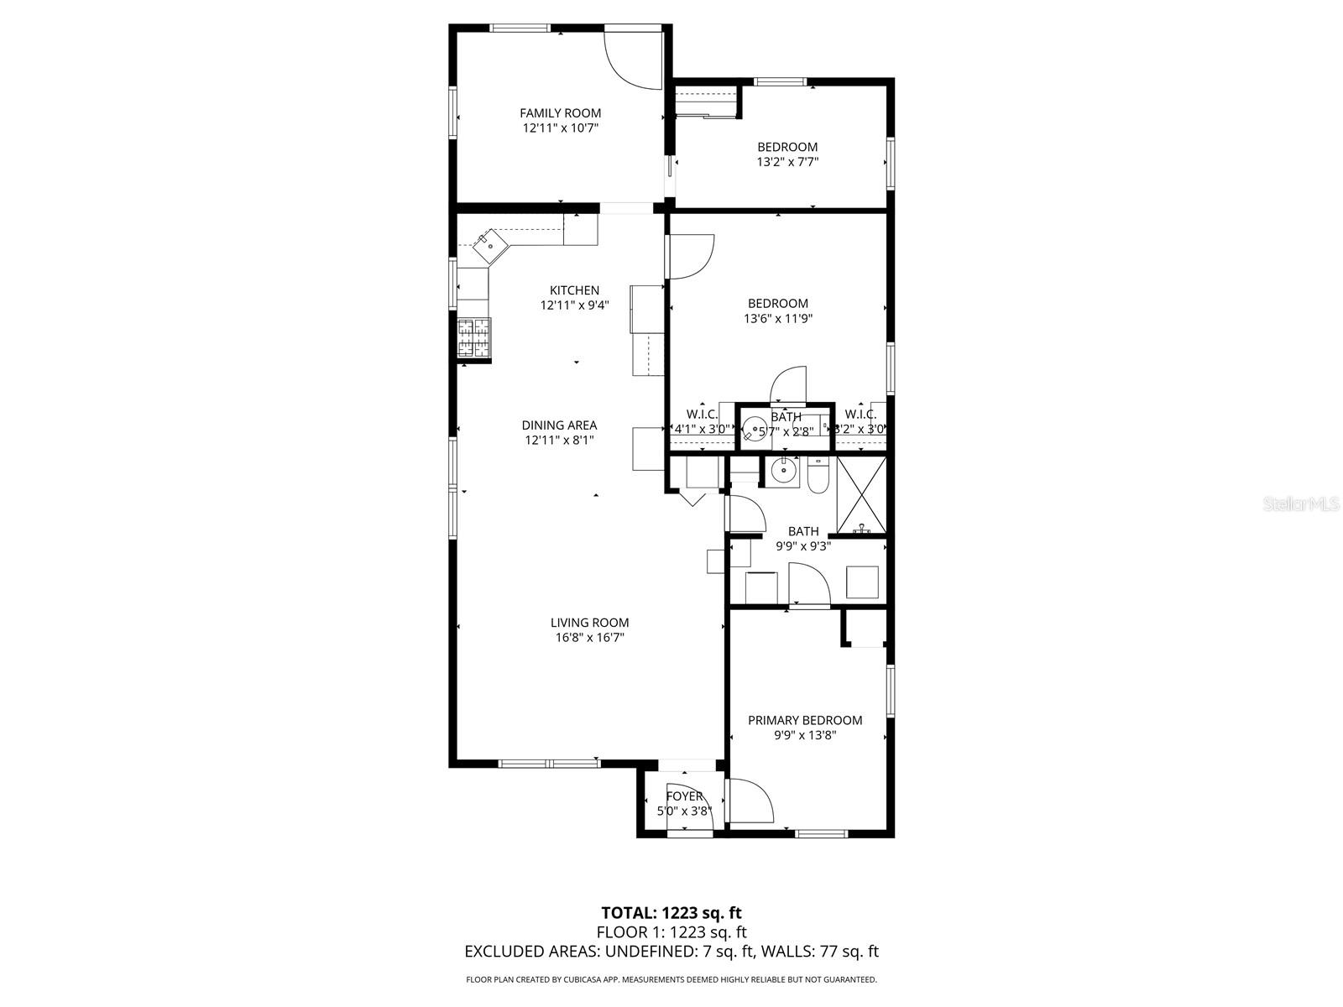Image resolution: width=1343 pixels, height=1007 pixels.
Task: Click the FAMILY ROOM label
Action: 560,113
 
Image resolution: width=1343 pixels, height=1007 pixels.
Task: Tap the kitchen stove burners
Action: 474,338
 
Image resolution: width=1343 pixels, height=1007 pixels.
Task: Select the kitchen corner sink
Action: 489,247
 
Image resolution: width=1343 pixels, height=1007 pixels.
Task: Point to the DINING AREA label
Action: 559,425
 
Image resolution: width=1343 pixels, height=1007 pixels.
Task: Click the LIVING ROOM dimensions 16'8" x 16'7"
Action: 589,638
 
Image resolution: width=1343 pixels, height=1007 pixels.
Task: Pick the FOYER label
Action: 684,796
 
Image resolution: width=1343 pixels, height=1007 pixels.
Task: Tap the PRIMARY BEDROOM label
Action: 805,720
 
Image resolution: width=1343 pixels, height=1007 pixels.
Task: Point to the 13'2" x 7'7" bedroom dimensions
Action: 787,162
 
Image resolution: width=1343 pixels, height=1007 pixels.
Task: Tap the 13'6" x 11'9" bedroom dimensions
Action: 778,319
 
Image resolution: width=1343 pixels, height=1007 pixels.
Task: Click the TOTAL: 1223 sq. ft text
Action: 671,912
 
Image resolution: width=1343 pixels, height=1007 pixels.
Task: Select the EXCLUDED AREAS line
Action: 671,952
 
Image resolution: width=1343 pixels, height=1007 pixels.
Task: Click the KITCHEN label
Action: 574,290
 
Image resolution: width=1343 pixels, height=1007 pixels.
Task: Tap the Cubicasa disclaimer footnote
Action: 671,979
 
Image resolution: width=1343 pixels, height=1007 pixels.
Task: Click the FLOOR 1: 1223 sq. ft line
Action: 671,932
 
